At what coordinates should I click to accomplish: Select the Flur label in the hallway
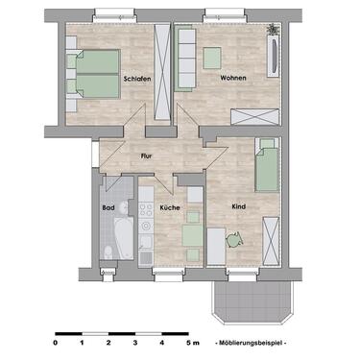pyautogui.click(x=147, y=155)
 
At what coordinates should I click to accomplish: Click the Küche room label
pyautogui.click(x=170, y=207)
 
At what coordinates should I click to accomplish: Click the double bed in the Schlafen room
pyautogui.click(x=91, y=72)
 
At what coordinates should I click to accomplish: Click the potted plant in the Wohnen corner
pyautogui.click(x=274, y=30)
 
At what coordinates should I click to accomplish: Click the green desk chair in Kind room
pyautogui.click(x=232, y=238)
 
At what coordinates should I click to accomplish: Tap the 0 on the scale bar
pyautogui.click(x=56, y=342)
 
